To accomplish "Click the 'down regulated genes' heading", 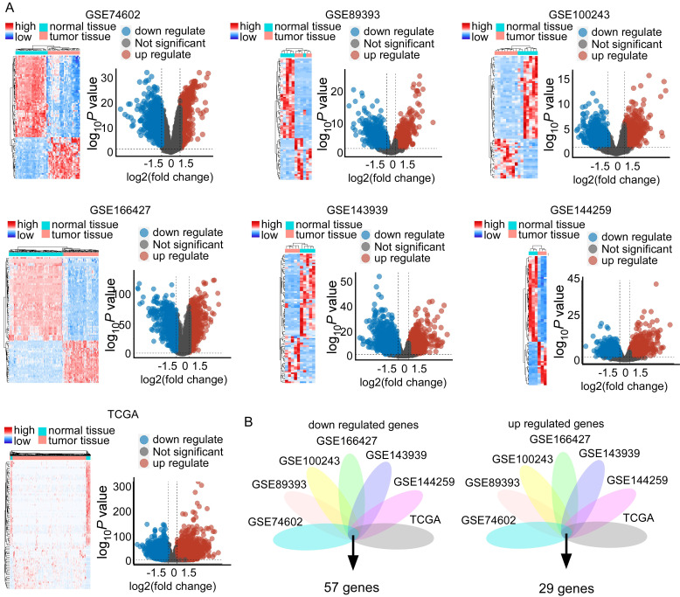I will pos(353,426).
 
